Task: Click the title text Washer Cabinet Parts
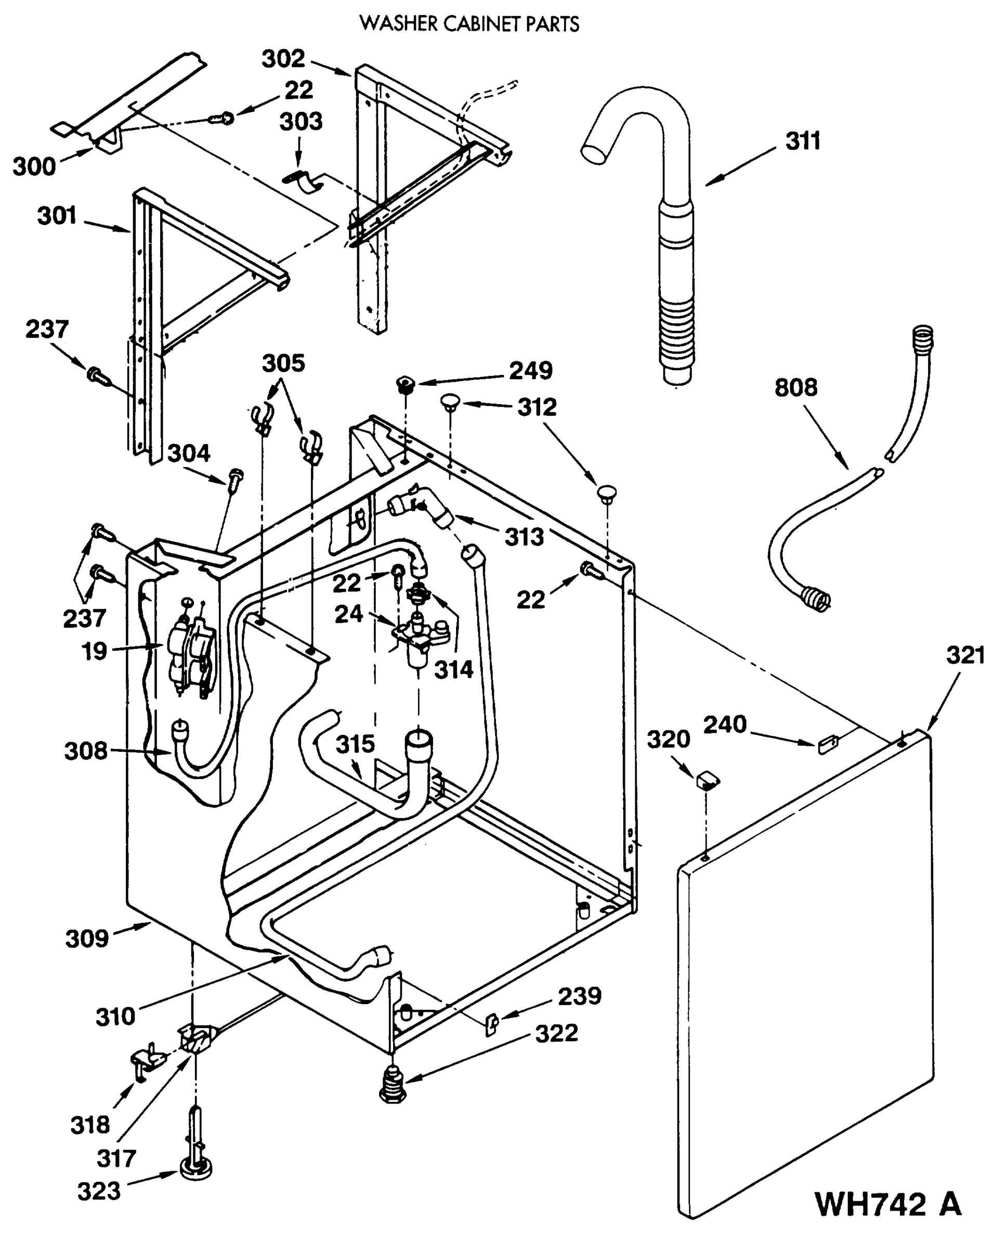click(x=469, y=24)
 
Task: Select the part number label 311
click(x=803, y=141)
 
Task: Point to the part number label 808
click(x=795, y=387)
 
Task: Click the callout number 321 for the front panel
click(x=965, y=656)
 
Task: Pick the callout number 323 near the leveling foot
click(x=99, y=1191)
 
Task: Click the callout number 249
click(x=531, y=370)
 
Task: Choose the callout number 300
click(x=34, y=166)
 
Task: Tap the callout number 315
click(x=355, y=744)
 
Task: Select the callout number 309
click(x=87, y=938)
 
